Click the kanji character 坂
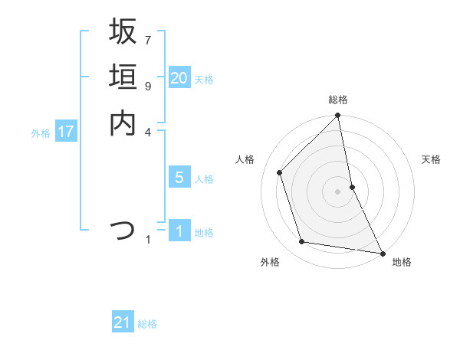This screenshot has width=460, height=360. [123, 32]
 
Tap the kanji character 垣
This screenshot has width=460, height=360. [123, 77]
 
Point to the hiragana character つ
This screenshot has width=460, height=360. [123, 230]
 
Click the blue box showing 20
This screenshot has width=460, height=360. [179, 78]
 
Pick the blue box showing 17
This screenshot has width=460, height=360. [66, 132]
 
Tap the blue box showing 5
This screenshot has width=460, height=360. [179, 178]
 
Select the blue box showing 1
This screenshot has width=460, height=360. [179, 231]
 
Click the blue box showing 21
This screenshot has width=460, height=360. [123, 322]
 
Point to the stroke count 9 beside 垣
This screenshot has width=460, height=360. [148, 86]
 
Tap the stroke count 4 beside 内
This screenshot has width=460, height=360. [148, 132]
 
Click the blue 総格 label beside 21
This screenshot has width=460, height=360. [147, 324]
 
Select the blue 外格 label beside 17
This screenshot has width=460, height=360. [41, 133]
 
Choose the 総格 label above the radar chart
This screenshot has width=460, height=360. [338, 100]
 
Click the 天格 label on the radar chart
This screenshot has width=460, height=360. [431, 159]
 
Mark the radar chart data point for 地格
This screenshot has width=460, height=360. [381, 253]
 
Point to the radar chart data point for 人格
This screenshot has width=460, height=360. [280, 172]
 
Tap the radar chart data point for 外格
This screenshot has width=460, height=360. [302, 242]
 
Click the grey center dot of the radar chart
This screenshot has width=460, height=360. [338, 191]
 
